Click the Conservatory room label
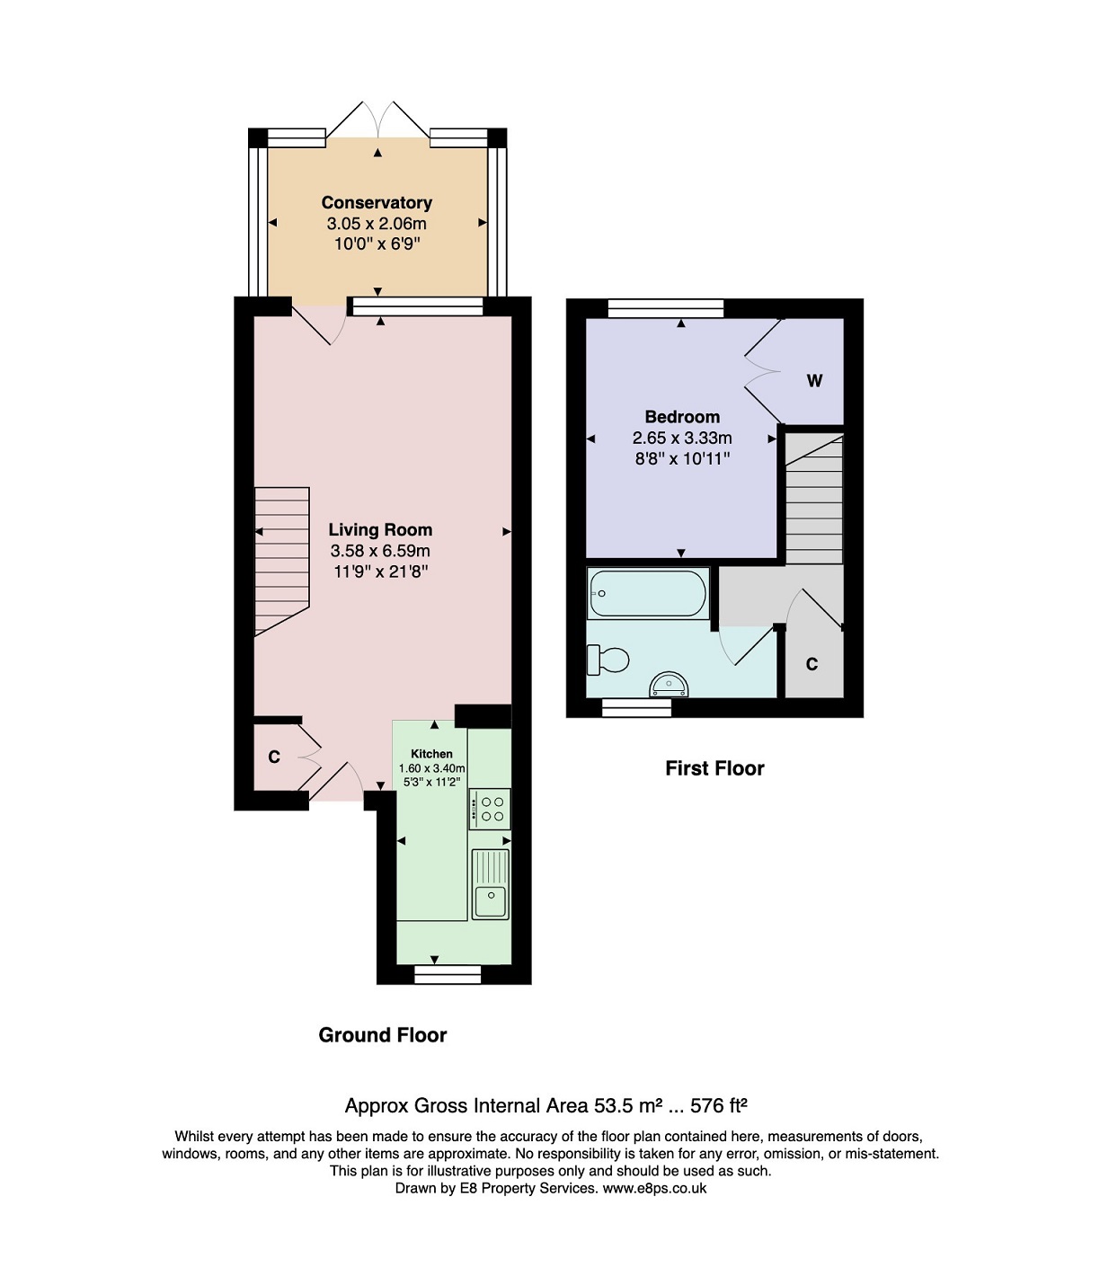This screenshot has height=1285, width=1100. click(x=377, y=203)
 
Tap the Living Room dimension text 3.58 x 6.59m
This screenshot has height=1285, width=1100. click(x=380, y=551)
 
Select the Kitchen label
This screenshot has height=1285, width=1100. click(x=431, y=753)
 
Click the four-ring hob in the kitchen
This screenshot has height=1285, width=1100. click(x=490, y=809)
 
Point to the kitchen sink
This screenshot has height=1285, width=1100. click(x=491, y=884)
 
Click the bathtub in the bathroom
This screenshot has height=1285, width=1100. click(x=647, y=593)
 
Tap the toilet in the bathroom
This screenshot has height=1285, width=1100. click(x=608, y=660)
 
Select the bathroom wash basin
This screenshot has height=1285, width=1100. click(x=670, y=685)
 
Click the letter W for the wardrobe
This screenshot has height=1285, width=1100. click(x=814, y=380)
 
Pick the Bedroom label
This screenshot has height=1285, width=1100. click(x=682, y=417)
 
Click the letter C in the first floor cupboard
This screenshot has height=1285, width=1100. click(x=812, y=665)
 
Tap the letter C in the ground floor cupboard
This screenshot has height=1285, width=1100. click(x=273, y=757)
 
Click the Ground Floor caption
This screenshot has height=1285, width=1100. click(x=383, y=1035)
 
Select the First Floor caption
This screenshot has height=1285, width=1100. click(x=714, y=768)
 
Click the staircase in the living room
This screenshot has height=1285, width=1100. click(x=281, y=562)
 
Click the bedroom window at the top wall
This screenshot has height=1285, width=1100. click(x=666, y=308)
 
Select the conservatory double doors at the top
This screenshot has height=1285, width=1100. click(x=377, y=120)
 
